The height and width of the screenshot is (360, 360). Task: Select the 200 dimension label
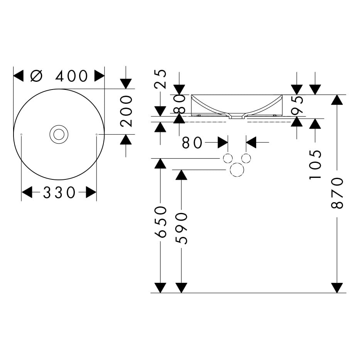[x=126, y=112]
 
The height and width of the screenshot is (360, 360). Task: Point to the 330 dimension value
[x=59, y=193]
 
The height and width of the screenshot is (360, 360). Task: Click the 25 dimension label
[x=161, y=79]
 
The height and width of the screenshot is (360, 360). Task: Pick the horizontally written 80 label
[x=192, y=143]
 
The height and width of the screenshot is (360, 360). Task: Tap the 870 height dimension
[x=337, y=193]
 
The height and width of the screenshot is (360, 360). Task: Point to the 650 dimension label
[x=161, y=222]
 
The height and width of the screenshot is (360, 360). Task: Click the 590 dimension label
[x=181, y=228]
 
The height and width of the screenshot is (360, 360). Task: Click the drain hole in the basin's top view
[x=59, y=134]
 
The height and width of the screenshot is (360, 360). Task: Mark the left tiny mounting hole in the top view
[x=21, y=134]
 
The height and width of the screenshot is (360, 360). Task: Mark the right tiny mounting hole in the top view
[x=96, y=134]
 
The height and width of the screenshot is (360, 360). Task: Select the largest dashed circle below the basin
[x=237, y=170]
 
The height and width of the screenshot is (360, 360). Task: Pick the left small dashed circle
[x=228, y=158]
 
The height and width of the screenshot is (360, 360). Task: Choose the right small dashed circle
[x=246, y=158]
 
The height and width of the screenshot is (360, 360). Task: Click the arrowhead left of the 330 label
[x=27, y=192]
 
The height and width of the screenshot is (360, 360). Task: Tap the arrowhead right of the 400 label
[x=99, y=76]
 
